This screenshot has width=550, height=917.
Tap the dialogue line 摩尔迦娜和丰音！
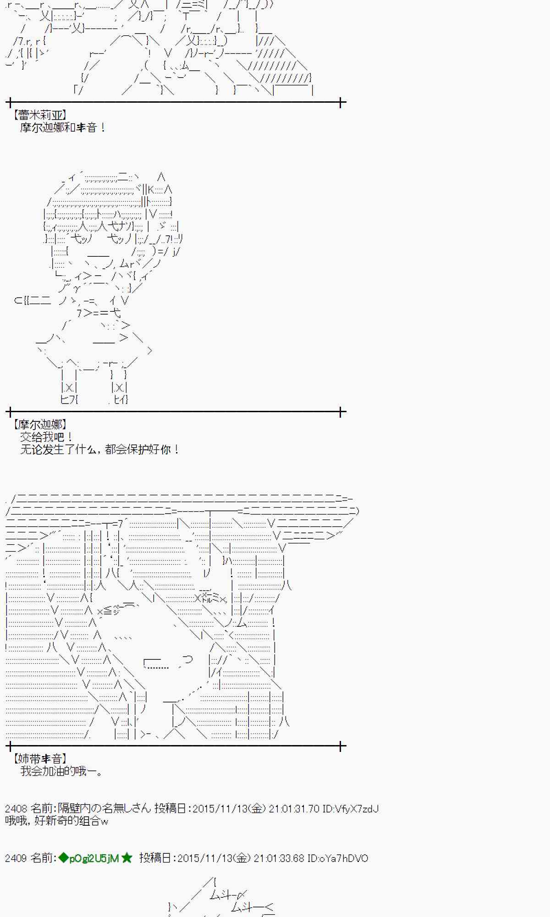63,127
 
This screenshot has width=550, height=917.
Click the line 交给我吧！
46,437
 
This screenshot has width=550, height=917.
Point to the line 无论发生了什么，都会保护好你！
99,449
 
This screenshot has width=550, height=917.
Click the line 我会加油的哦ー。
61,771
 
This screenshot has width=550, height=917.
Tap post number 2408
16,808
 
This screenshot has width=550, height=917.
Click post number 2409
16,858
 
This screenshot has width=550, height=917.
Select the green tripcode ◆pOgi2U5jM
89,858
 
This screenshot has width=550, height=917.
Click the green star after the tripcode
127,858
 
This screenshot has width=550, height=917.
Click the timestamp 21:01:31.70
294,808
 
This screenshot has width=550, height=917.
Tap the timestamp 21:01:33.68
279,858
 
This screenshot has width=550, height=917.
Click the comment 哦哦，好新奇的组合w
56,821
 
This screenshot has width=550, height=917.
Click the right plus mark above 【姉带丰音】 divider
341,746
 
